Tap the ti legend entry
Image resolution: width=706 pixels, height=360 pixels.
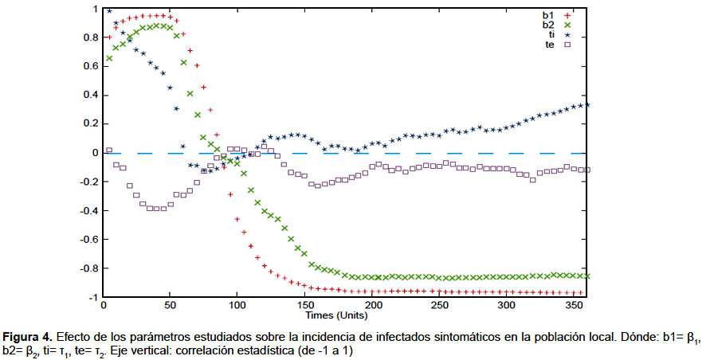553,35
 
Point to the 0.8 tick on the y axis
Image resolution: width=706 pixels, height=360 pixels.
88,37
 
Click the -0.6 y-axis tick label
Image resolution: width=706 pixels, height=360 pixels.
87,239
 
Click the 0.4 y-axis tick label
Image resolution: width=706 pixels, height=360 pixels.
88,95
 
